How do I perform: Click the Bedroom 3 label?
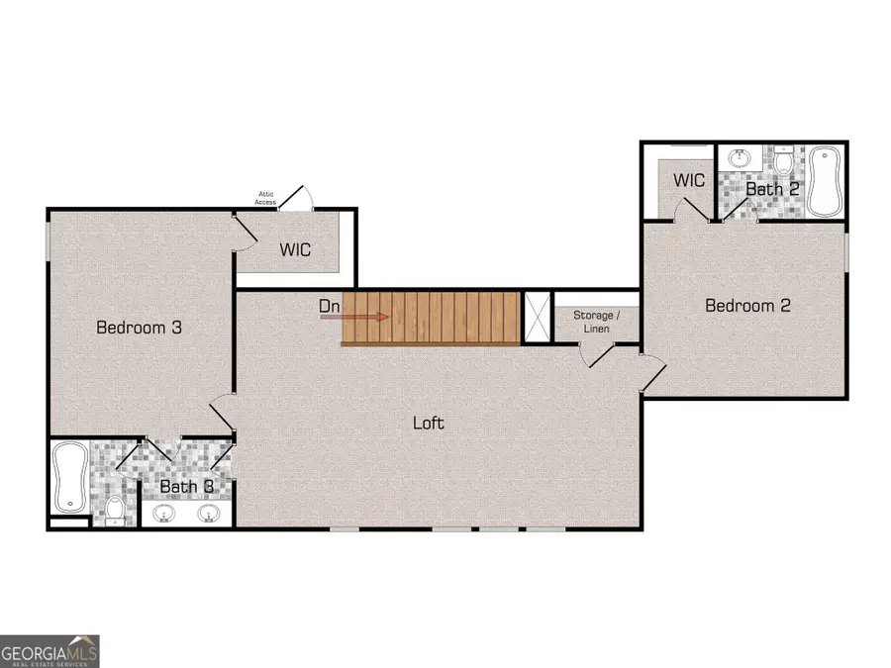coord(139,327)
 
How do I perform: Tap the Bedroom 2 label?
coord(747,306)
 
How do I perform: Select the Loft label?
coord(428,423)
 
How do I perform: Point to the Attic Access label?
coord(265,199)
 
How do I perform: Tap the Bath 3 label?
coord(186,487)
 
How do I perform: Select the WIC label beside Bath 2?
coord(689,181)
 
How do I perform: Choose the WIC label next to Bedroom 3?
coord(295,249)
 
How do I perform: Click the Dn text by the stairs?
coord(330,307)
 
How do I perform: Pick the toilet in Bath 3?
coord(115,510)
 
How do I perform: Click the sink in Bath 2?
coord(737,158)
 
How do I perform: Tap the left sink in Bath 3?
coord(164,514)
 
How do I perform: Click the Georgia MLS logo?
coord(49,651)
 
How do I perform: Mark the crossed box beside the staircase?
coord(536,316)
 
